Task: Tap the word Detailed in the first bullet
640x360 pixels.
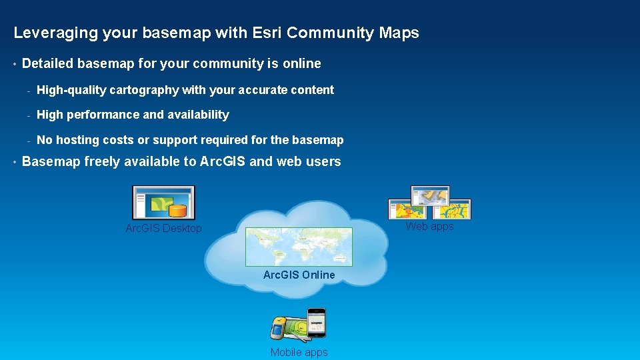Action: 48,64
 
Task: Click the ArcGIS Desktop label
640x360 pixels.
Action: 163,229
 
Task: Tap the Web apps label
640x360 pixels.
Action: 429,227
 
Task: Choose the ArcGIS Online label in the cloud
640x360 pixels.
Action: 299,275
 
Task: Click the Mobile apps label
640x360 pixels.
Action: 299,352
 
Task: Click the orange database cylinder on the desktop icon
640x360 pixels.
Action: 177,211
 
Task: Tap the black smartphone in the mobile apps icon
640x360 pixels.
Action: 315,323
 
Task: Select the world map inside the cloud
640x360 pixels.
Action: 299,247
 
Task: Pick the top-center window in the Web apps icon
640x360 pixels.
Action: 430,195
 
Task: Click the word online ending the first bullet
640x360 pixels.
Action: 302,64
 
